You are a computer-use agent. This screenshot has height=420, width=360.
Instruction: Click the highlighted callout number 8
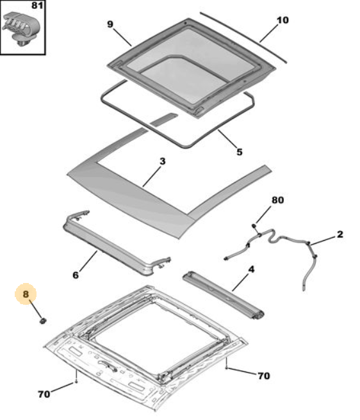tap(26, 294)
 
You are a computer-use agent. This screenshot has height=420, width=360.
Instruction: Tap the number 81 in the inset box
tap(37, 5)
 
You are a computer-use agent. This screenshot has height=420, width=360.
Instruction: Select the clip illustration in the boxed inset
tap(20, 28)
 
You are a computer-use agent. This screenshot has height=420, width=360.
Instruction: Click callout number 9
tap(110, 24)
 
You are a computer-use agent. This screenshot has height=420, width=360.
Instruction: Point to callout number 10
tap(282, 20)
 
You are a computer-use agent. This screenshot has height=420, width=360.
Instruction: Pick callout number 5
tap(240, 152)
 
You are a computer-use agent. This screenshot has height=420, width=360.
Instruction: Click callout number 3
tap(163, 161)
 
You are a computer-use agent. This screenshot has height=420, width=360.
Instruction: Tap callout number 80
tap(278, 200)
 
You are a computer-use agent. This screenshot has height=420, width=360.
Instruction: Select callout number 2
tap(340, 234)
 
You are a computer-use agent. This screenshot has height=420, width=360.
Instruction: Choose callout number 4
tap(251, 269)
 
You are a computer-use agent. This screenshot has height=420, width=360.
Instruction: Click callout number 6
tap(76, 275)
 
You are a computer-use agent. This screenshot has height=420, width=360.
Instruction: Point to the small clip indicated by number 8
tap(43, 320)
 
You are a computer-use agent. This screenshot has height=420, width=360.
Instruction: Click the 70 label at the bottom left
tap(44, 394)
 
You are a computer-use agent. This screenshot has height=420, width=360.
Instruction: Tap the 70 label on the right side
tap(264, 376)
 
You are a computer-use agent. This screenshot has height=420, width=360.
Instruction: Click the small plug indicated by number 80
tap(254, 227)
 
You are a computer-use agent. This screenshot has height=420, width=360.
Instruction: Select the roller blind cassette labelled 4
tap(224, 296)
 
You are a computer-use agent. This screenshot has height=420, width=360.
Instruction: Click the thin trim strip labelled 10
tap(243, 38)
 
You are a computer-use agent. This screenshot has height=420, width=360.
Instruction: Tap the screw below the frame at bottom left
tap(76, 381)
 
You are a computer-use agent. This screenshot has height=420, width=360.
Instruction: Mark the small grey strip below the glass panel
tap(164, 119)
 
